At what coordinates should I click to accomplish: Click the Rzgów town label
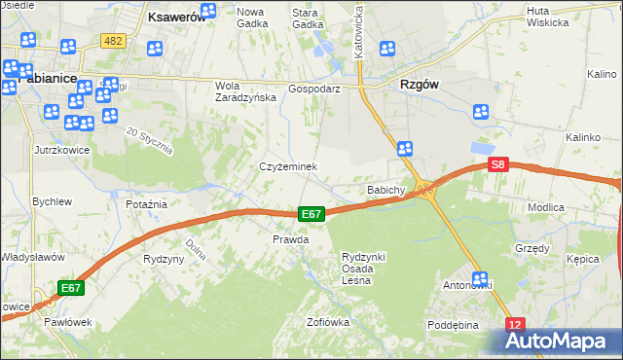419,84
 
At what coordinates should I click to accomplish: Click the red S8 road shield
497,165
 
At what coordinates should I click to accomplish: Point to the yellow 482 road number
113,40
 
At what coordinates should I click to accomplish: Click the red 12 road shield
515,324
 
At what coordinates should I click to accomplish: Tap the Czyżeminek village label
288,166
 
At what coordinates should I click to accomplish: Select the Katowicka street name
359,29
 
